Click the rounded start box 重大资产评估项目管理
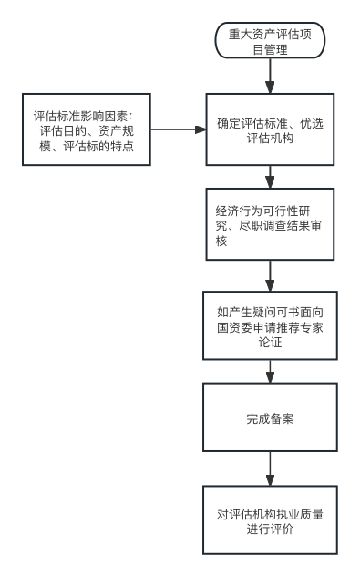(x=270, y=41)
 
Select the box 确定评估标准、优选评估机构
(x=270, y=130)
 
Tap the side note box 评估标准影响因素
(x=87, y=130)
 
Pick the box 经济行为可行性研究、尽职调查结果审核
(x=270, y=224)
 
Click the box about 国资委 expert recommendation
(x=270, y=324)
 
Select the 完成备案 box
(x=270, y=419)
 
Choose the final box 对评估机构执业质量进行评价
(x=270, y=520)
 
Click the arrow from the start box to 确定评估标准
(x=270, y=76)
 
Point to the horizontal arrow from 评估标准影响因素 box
(x=178, y=130)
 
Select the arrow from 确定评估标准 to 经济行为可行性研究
(x=270, y=177)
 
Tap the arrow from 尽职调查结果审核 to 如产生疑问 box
(x=270, y=275)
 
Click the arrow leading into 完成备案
(x=270, y=371)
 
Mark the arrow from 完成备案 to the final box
(x=270, y=469)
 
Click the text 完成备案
(x=270, y=419)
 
